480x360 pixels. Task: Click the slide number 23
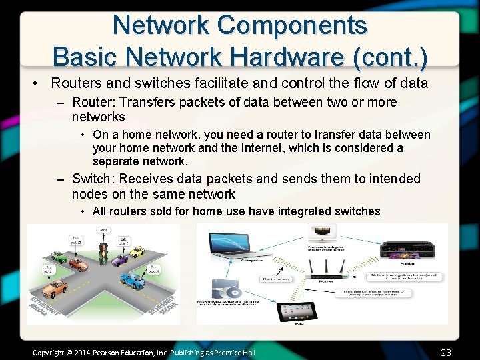[x=446, y=352]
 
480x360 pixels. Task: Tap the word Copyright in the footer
[x=49, y=352]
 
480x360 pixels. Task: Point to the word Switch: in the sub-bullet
[x=93, y=179]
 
